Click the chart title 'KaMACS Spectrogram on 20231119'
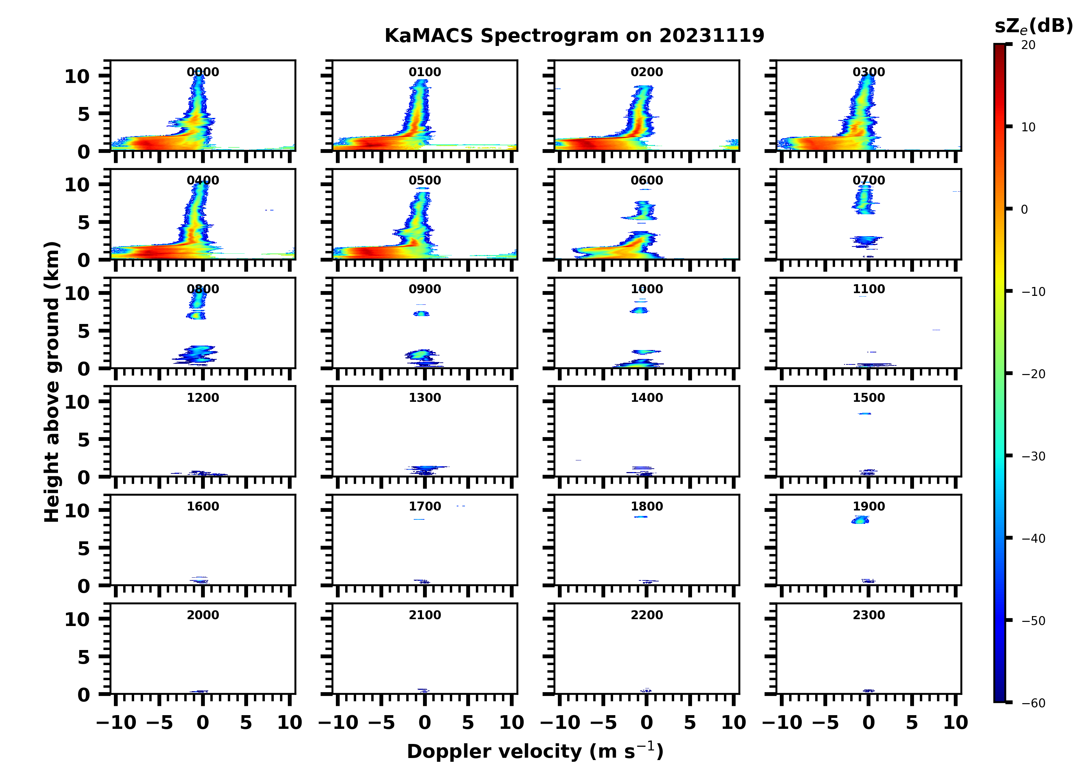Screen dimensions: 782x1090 (574, 36)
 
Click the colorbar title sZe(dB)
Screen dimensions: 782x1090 (1033, 26)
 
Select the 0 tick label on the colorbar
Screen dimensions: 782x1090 (1024, 209)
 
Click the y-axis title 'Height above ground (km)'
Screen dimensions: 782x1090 (52, 382)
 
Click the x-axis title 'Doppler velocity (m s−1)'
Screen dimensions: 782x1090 (535, 751)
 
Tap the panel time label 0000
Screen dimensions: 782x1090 (203, 72)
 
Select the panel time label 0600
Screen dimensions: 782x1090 (646, 181)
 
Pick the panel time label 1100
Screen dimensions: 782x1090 (868, 289)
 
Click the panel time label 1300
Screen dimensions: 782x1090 (425, 398)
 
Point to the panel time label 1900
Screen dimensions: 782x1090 (868, 506)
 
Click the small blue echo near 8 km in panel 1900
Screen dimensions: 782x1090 (860, 520)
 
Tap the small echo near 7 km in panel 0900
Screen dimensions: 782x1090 (421, 314)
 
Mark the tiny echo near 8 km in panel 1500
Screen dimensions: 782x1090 (865, 413)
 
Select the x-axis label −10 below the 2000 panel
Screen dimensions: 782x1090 (116, 722)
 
